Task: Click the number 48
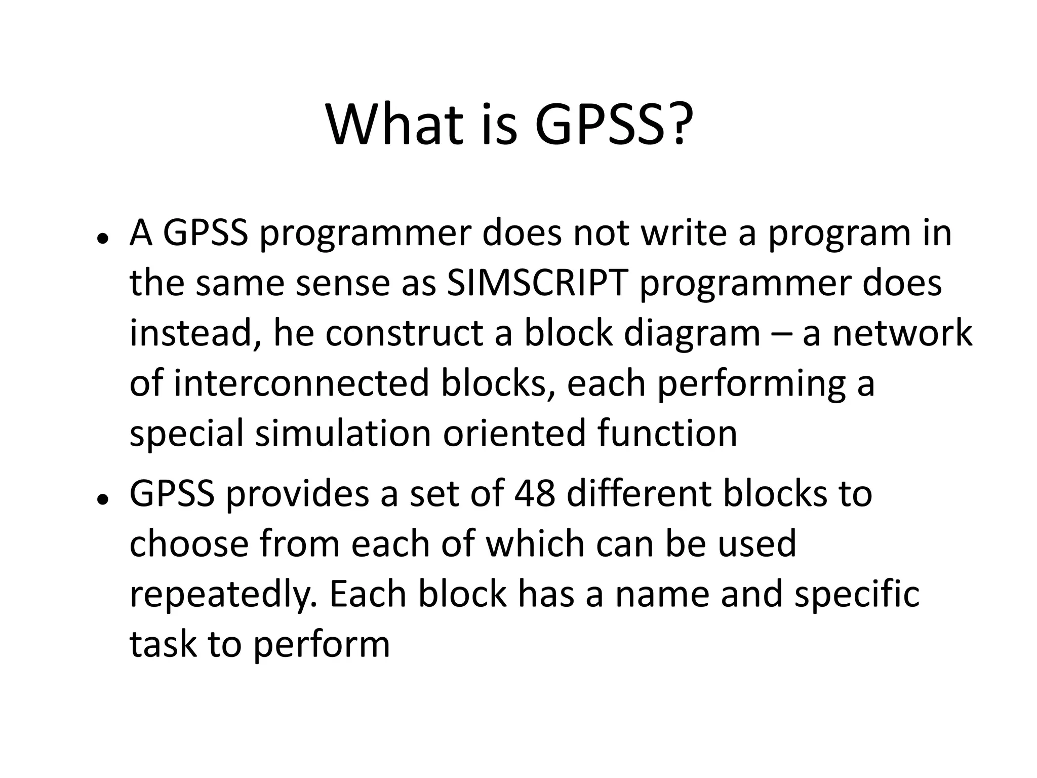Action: (535, 494)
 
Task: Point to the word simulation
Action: (343, 434)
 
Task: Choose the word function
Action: (667, 434)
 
